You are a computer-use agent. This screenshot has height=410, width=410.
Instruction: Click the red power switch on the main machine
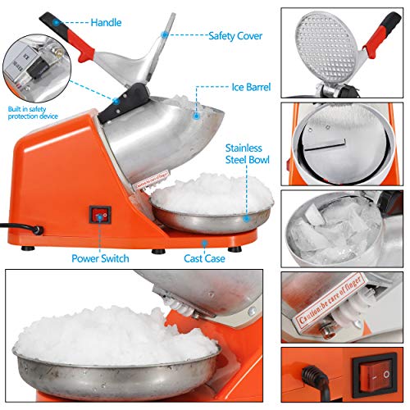pyautogui.click(x=99, y=216)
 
